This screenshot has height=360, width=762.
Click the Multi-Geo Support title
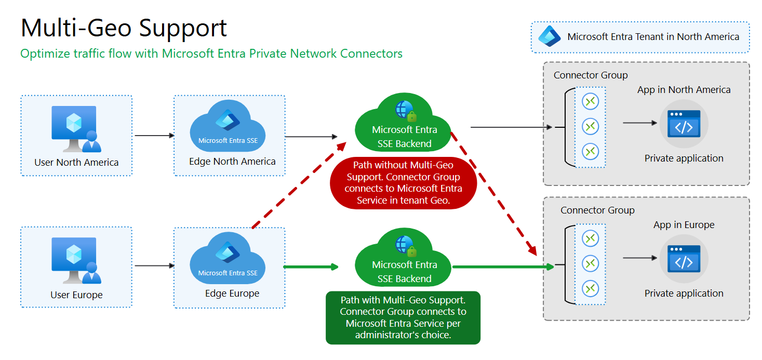[124, 28]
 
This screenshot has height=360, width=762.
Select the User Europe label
[76, 295]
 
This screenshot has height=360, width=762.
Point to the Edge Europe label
[232, 294]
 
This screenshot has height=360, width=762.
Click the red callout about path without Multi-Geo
[403, 183]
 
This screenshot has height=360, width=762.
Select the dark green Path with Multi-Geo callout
[403, 318]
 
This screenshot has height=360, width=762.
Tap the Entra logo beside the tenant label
[549, 37]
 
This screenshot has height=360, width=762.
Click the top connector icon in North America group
[591, 101]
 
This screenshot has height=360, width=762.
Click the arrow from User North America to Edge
[154, 136]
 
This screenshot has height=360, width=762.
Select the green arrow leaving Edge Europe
[310, 267]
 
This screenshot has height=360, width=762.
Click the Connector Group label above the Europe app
[597, 210]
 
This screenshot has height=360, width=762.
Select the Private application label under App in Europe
[684, 294]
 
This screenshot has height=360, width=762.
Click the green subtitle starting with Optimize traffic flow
[211, 54]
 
